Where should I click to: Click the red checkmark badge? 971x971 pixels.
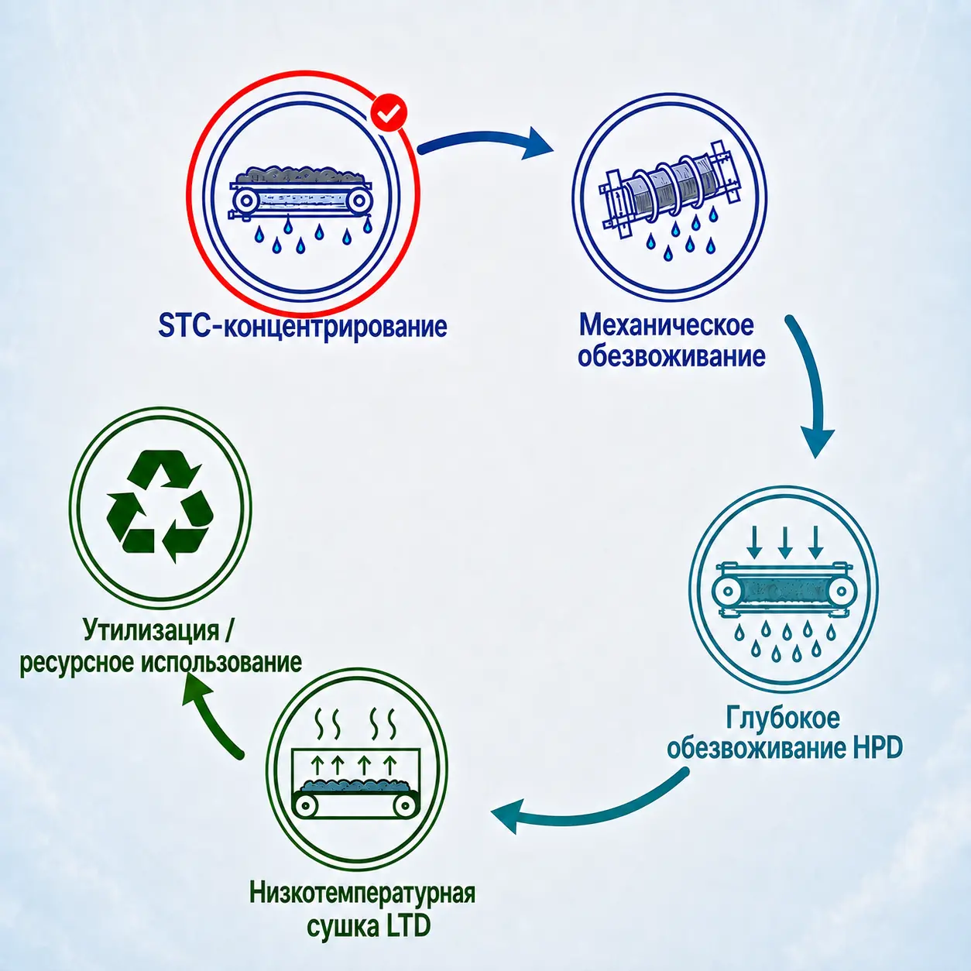coord(389,114)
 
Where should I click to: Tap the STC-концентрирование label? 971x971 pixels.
coord(302,327)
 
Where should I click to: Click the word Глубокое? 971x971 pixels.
coord(782,718)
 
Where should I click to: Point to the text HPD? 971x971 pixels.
coord(876,748)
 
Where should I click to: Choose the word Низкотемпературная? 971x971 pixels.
coord(362,894)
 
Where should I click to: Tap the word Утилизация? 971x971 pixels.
coord(151,630)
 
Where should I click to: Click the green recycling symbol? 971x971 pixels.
coord(160,506)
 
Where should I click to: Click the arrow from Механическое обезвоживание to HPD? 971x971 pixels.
coord(812,383)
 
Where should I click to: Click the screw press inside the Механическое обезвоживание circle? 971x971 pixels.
coord(671,188)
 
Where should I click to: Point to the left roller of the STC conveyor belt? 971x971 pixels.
coord(246,201)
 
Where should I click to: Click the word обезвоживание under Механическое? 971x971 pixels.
coord(671,357)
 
